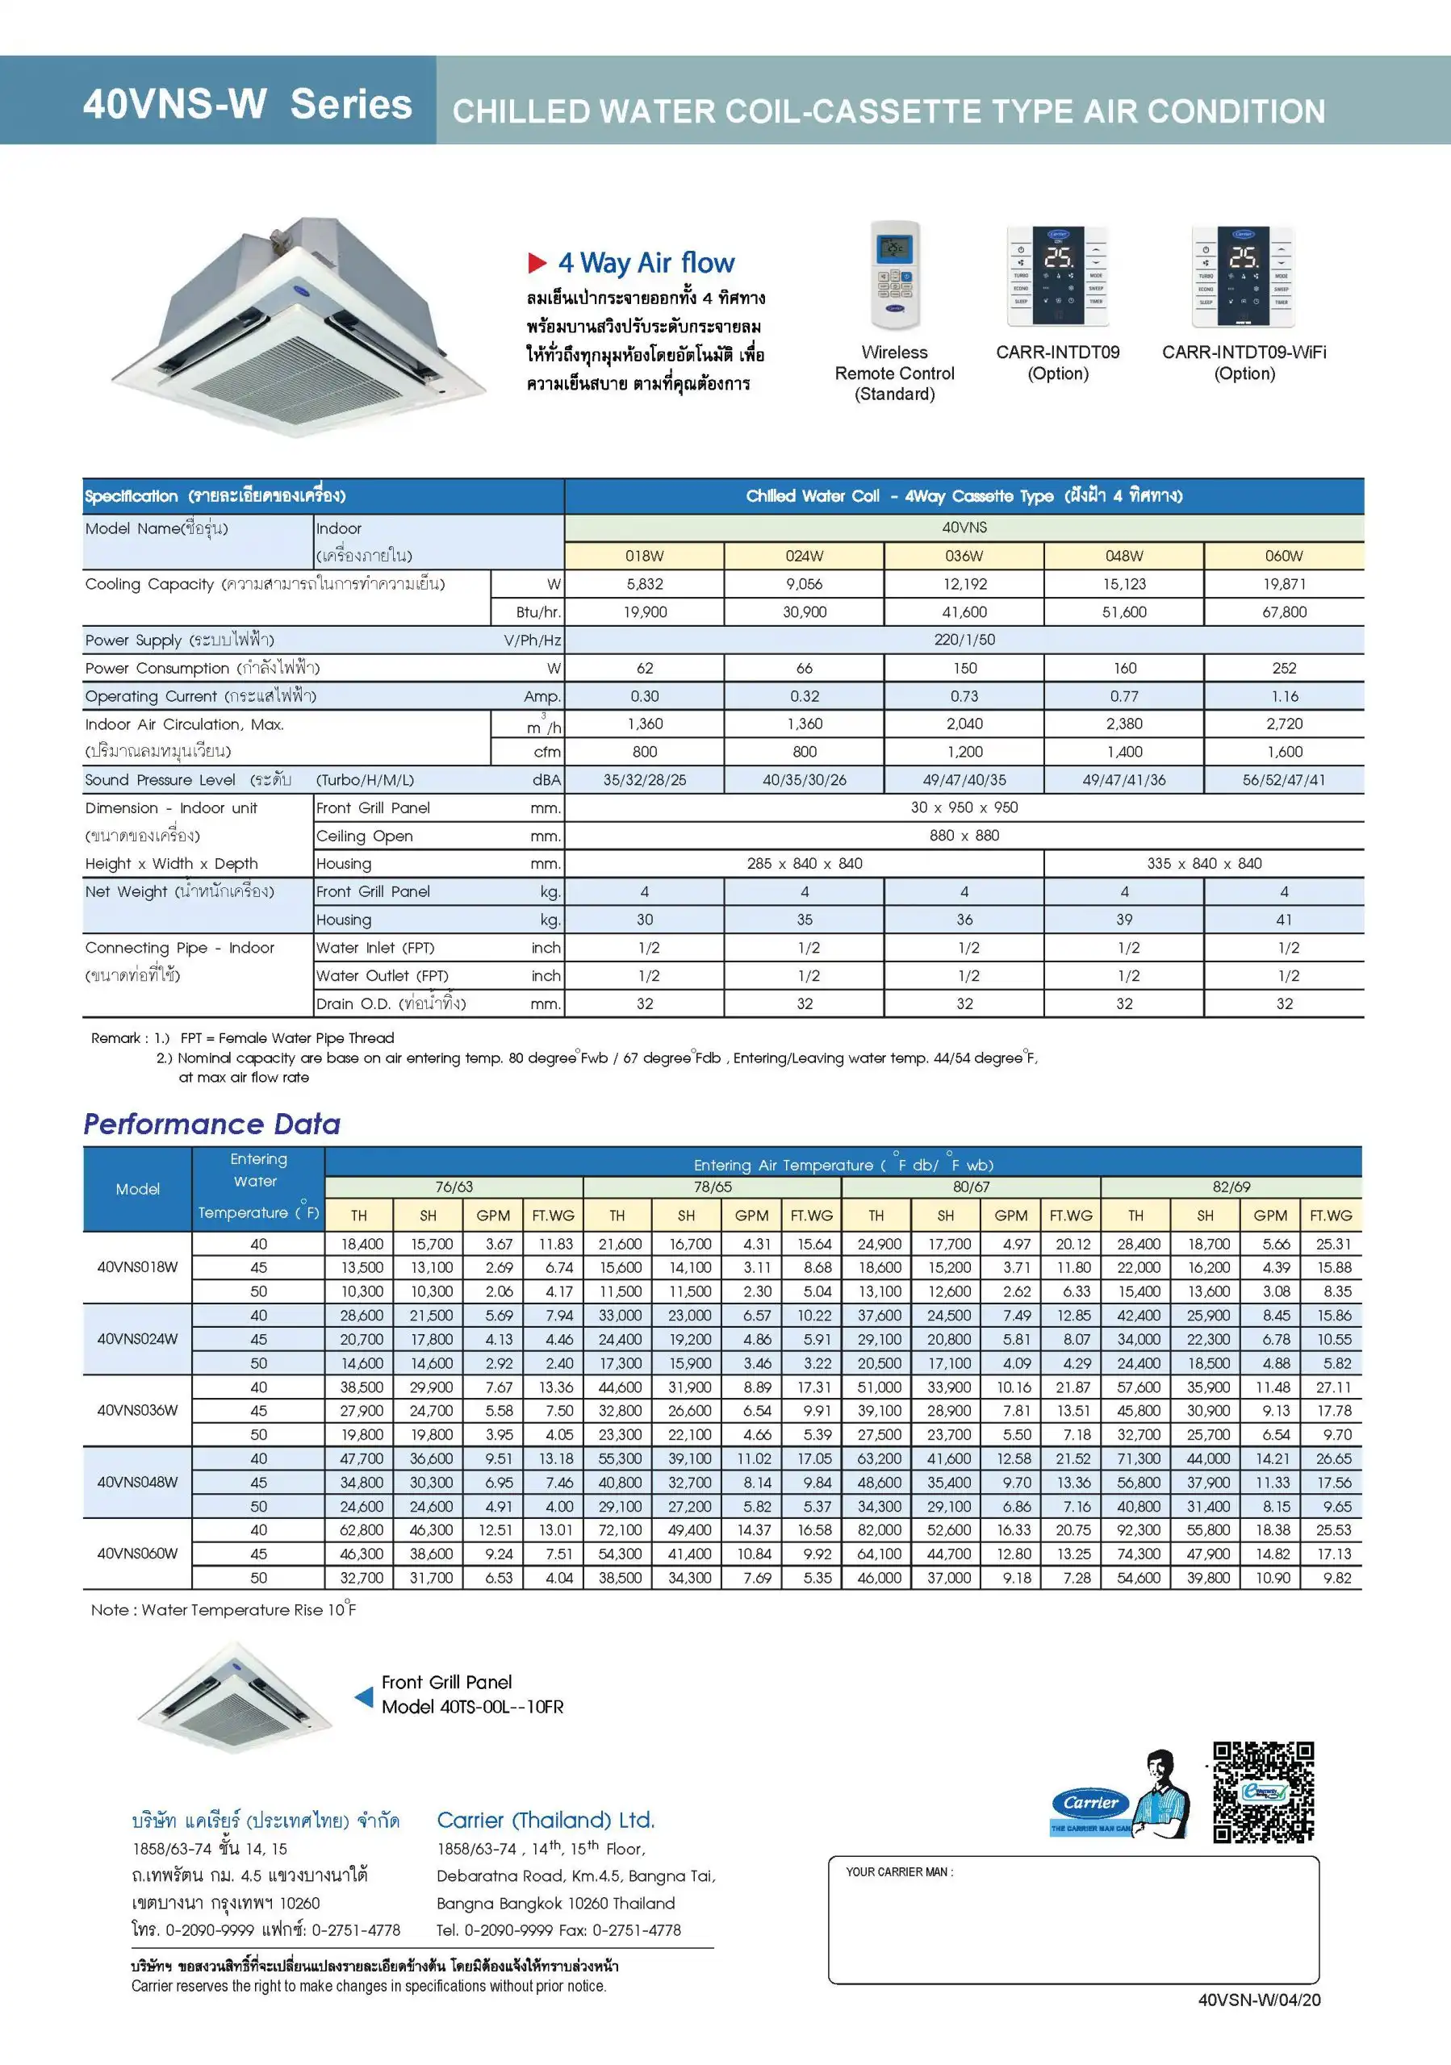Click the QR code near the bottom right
(1263, 1792)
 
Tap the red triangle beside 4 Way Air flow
(537, 263)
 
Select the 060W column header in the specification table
(1284, 556)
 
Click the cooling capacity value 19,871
(1284, 584)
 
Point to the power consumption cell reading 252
(1284, 668)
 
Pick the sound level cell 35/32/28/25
(644, 780)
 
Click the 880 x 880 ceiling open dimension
(964, 836)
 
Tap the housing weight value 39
(1123, 920)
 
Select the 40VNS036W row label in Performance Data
(138, 1410)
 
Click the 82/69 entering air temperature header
(1231, 1187)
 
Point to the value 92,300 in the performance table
(1138, 1530)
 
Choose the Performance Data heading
(212, 1124)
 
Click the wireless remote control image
(895, 275)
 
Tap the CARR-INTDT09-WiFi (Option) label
(1244, 362)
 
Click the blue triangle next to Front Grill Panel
(363, 1696)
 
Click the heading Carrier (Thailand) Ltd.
(546, 1821)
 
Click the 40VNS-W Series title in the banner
(248, 104)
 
